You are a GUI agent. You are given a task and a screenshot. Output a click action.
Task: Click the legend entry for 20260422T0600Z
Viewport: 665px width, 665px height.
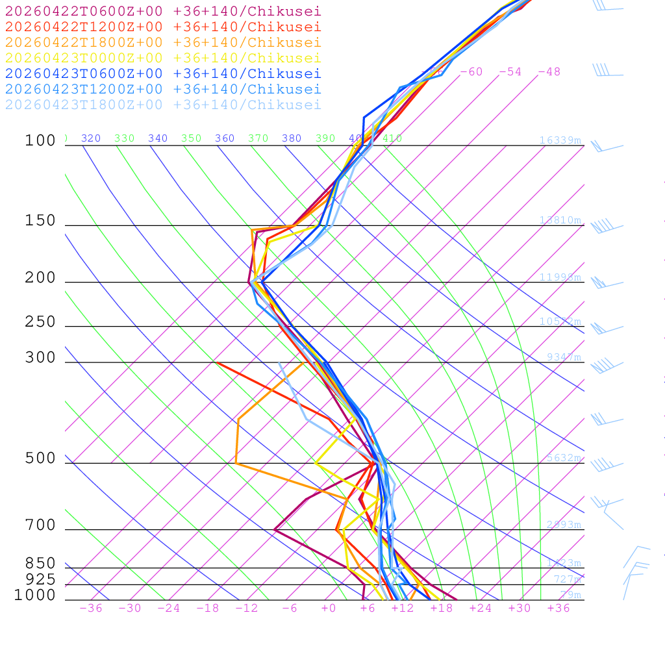(x=162, y=11)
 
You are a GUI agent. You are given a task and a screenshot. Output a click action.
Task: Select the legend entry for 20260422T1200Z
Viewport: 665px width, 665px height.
(x=162, y=27)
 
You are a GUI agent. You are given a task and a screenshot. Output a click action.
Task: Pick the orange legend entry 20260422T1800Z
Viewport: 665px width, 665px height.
(x=162, y=42)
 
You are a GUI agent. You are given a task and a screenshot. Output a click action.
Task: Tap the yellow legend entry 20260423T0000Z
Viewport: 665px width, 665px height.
(x=162, y=58)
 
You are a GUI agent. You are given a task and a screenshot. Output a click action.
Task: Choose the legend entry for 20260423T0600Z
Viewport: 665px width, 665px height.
(x=162, y=73)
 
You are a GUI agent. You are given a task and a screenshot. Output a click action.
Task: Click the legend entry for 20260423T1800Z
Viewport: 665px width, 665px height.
(x=162, y=105)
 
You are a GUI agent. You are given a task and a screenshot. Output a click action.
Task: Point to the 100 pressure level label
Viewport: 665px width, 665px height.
(x=40, y=141)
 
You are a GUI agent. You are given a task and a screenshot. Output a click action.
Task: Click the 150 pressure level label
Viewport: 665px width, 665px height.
(x=40, y=221)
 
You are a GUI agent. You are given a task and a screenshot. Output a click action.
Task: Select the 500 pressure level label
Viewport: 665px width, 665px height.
(x=40, y=458)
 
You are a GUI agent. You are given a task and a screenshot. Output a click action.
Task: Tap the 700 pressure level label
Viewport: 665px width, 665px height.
(x=40, y=525)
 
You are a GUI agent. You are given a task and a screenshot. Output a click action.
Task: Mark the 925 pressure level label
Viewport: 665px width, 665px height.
(x=40, y=579)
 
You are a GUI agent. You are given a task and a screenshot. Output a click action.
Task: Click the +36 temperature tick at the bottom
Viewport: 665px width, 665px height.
(x=558, y=608)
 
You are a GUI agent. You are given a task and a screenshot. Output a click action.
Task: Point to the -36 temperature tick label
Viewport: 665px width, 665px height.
(x=90, y=608)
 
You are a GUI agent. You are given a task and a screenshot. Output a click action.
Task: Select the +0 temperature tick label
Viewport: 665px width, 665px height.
(x=329, y=608)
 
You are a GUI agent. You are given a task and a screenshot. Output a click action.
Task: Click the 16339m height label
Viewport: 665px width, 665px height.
(x=560, y=140)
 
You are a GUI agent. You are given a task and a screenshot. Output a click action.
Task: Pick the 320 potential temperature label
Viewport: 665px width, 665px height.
(x=90, y=138)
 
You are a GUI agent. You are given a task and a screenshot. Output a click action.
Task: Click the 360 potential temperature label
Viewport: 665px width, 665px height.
(x=224, y=138)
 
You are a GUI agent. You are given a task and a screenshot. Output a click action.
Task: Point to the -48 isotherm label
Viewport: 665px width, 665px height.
(x=549, y=71)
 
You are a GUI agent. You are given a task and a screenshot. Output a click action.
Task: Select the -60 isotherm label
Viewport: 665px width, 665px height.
(x=471, y=71)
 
